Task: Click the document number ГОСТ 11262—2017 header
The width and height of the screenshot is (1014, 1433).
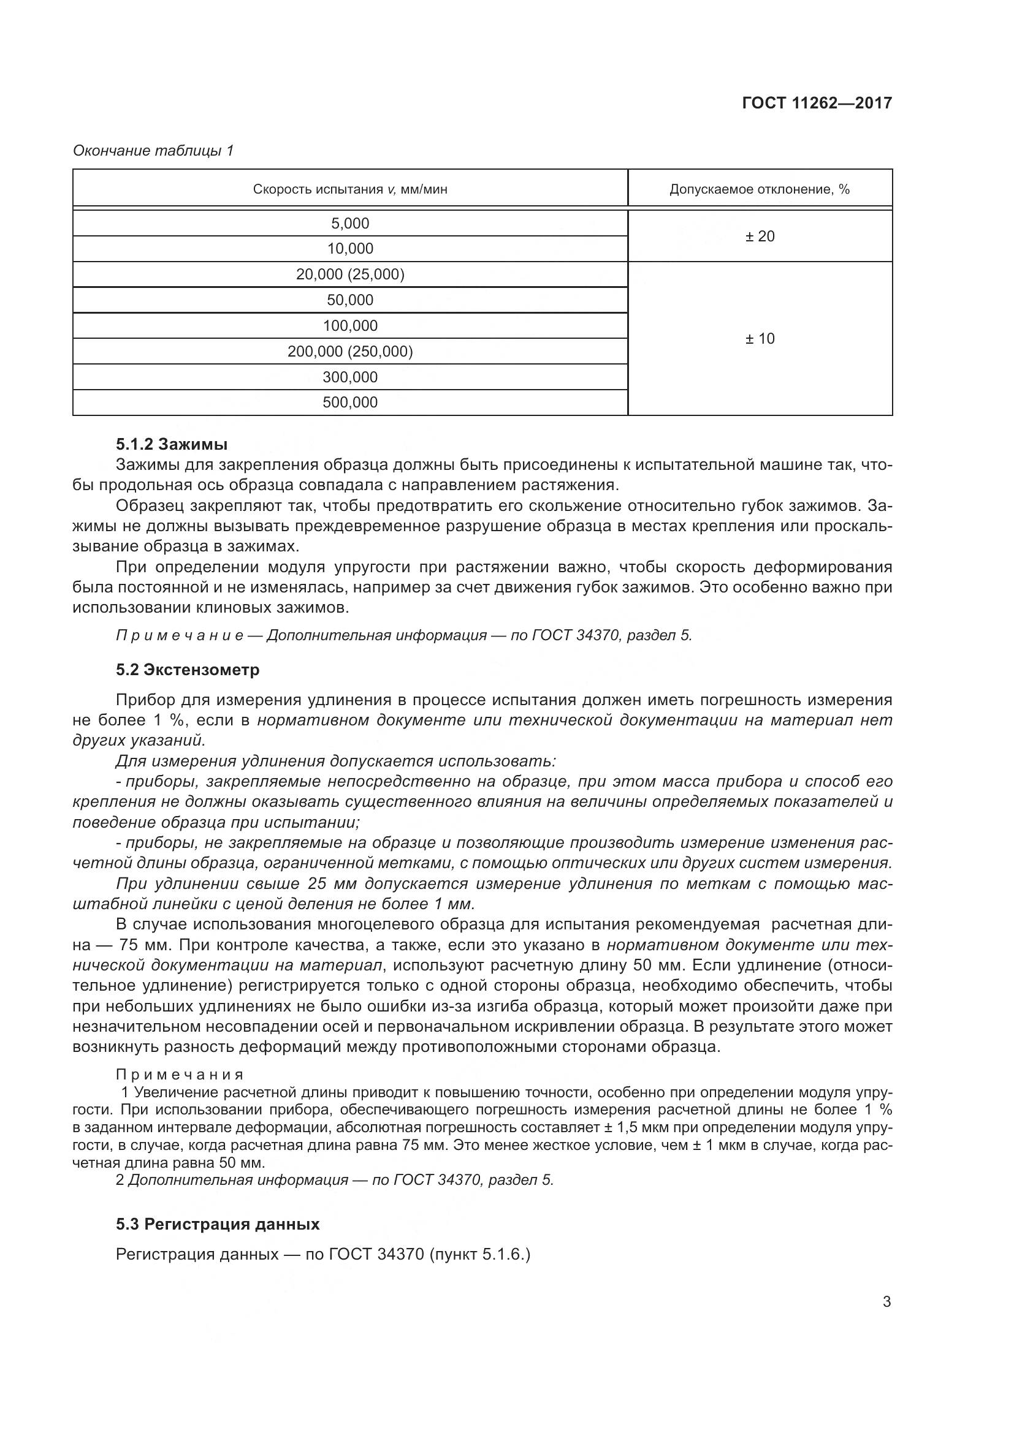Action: pos(817,103)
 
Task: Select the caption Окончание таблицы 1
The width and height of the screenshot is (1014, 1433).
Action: pos(153,151)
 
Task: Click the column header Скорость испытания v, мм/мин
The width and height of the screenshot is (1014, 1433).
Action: pos(349,189)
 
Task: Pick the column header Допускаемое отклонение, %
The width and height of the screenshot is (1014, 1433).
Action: pos(759,189)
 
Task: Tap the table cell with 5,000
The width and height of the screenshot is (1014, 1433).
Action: pos(349,224)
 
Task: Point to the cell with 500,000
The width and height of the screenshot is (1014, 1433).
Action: pos(349,403)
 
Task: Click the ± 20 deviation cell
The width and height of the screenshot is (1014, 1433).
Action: pos(759,236)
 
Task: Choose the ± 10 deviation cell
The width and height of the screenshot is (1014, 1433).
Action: pos(759,338)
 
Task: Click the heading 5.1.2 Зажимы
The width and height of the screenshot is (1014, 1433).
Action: pos(172,444)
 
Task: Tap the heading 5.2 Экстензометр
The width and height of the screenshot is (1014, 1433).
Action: pos(188,670)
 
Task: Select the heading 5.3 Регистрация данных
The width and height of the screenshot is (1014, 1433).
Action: pos(217,1224)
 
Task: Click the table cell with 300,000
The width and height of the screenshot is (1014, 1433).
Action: pos(349,377)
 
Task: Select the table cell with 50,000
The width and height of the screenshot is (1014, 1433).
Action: pos(349,300)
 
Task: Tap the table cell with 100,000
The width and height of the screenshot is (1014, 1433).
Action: pos(349,326)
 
